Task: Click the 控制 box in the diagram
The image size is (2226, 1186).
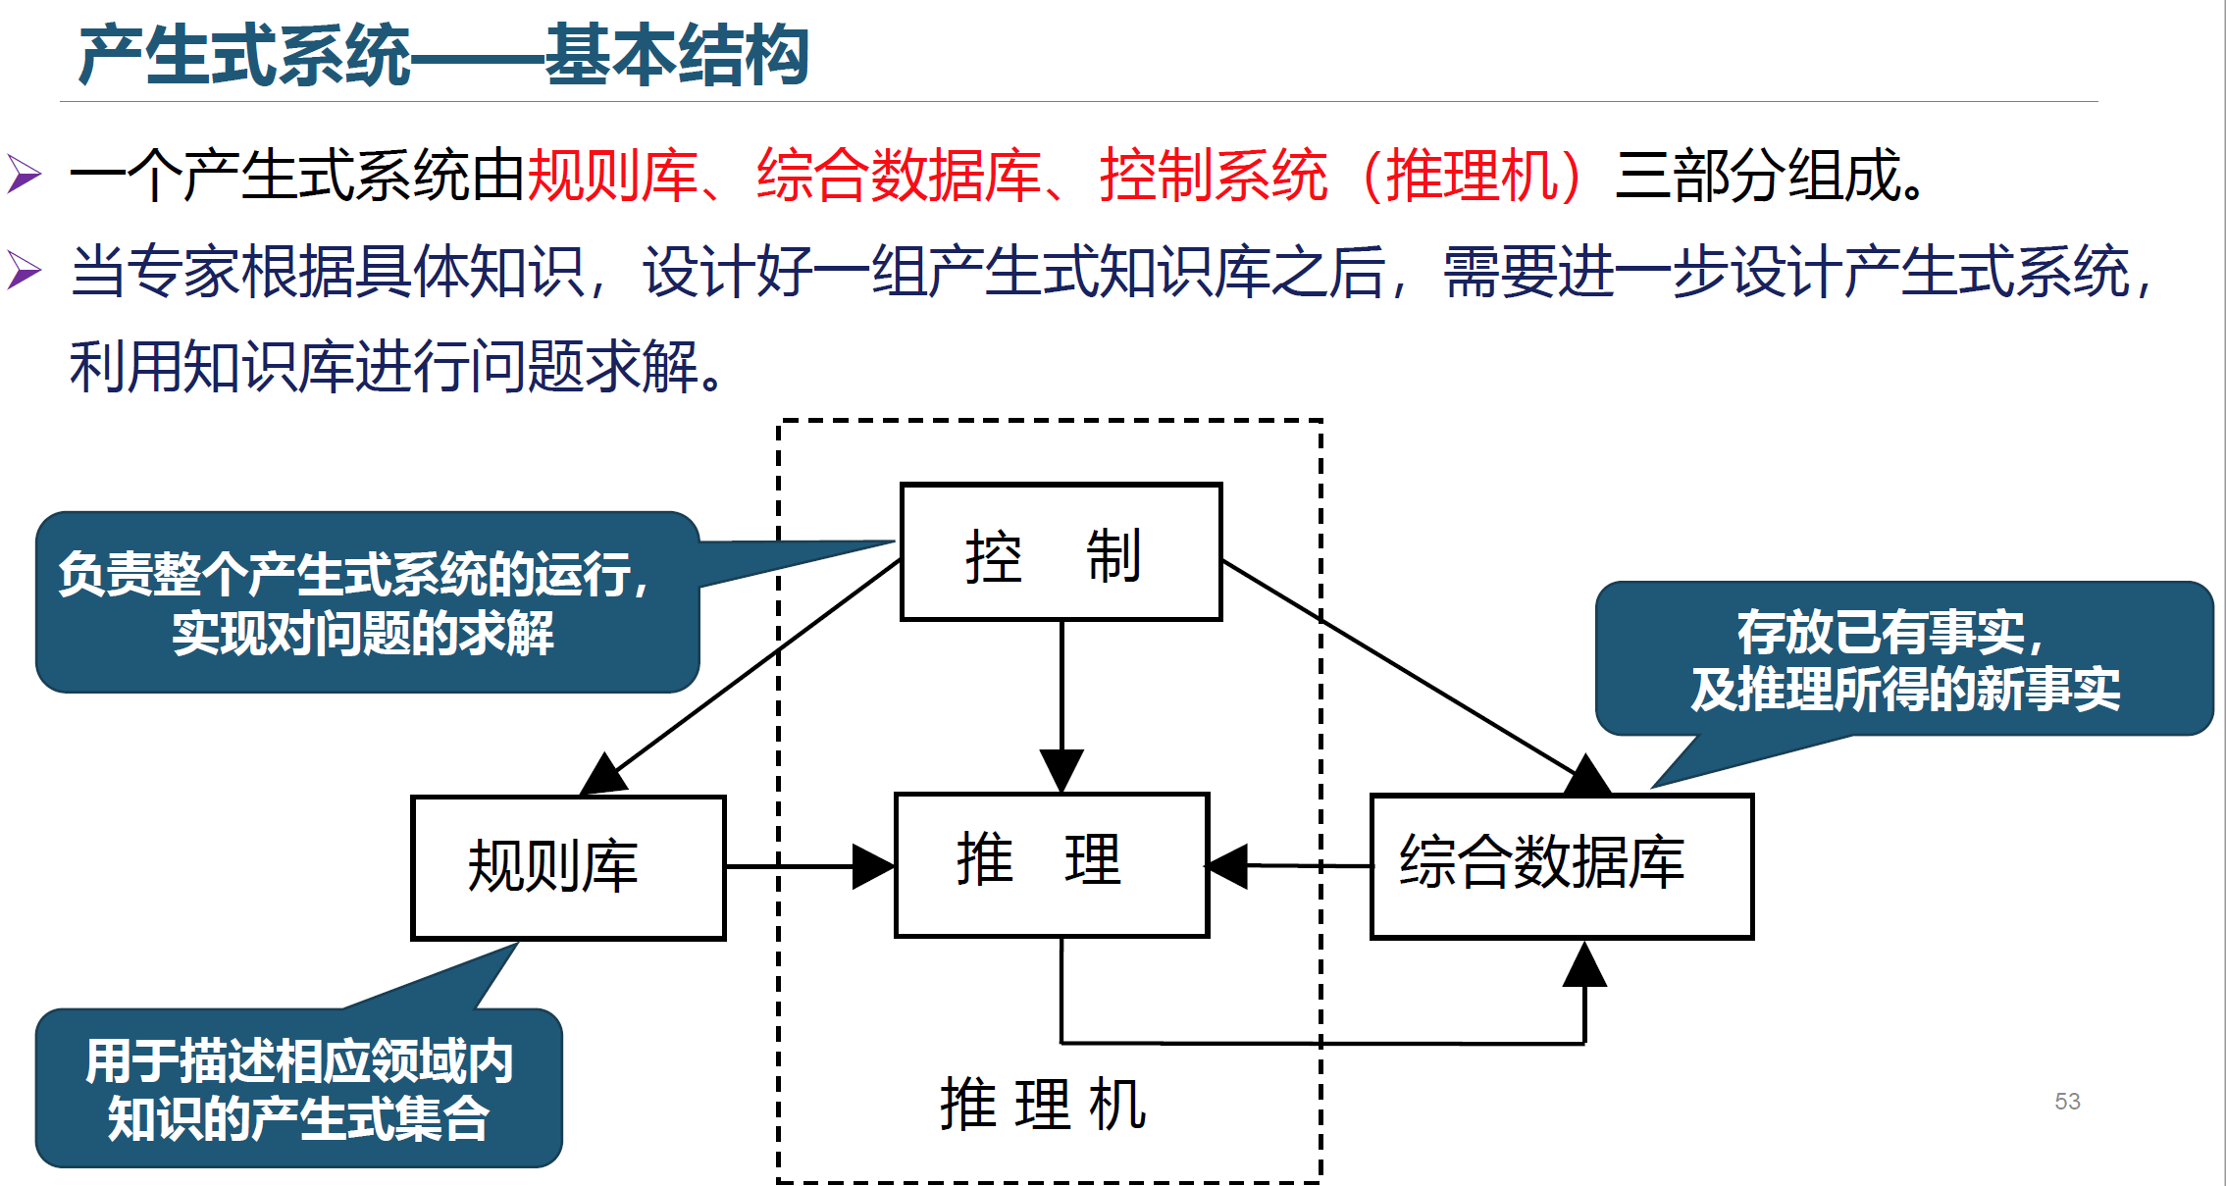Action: pyautogui.click(x=1061, y=552)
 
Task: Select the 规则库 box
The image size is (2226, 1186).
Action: pyautogui.click(x=568, y=867)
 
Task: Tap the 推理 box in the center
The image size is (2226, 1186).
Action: pyautogui.click(x=1051, y=864)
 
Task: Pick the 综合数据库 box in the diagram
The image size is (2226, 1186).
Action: pyautogui.click(x=1561, y=865)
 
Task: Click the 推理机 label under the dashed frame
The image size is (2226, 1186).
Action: pyautogui.click(x=1043, y=1105)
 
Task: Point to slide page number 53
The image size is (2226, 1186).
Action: pyautogui.click(x=2067, y=1101)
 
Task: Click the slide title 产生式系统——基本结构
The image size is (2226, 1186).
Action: pyautogui.click(x=443, y=56)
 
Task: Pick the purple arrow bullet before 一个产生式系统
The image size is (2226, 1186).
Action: pyautogui.click(x=25, y=175)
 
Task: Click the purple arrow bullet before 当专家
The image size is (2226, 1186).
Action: pyautogui.click(x=25, y=270)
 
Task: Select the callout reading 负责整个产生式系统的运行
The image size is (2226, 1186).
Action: pyautogui.click(x=366, y=602)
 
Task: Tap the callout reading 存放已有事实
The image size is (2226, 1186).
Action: pyautogui.click(x=1903, y=659)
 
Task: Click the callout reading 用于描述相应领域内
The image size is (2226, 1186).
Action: pyautogui.click(x=298, y=1089)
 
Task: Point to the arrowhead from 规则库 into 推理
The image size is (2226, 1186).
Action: pyautogui.click(x=872, y=867)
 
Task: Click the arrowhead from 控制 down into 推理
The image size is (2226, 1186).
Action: pyautogui.click(x=1061, y=769)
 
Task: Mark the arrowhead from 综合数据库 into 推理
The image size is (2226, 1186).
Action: pyautogui.click(x=1228, y=866)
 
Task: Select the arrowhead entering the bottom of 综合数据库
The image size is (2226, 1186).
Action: pyautogui.click(x=1584, y=963)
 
